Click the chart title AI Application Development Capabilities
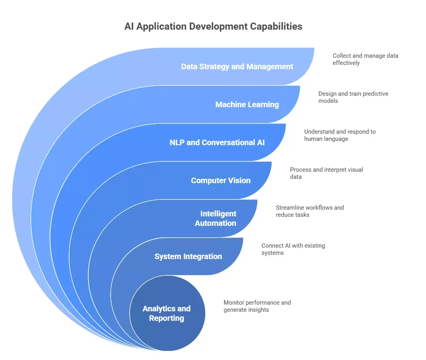pyautogui.click(x=213, y=27)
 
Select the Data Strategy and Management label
pyautogui.click(x=237, y=66)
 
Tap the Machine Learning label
pyautogui.click(x=247, y=104)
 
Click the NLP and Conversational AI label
pyautogui.click(x=217, y=142)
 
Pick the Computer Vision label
pyautogui.click(x=221, y=180)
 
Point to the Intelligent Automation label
pyautogui.click(x=216, y=218)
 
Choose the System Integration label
pyautogui.click(x=188, y=256)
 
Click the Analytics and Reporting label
pyautogui.click(x=166, y=313)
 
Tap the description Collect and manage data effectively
pyautogui.click(x=365, y=59)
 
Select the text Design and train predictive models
pyautogui.click(x=353, y=97)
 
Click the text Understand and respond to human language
pyautogui.click(x=339, y=135)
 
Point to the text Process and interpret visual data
pyautogui.click(x=326, y=173)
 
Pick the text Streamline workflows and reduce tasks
pyautogui.click(x=309, y=211)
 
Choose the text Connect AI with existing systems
pyautogui.click(x=293, y=249)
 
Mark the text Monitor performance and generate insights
pyautogui.click(x=257, y=306)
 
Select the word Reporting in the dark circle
pyautogui.click(x=166, y=318)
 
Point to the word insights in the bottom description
pyautogui.click(x=256, y=309)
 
